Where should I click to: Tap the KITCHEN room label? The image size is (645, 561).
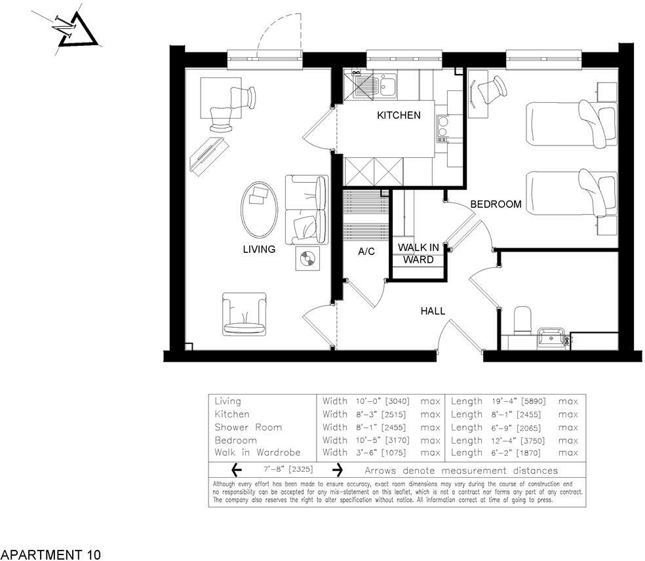click(x=399, y=115)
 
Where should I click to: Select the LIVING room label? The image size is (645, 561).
click(x=259, y=250)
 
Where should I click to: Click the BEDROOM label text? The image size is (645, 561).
click(x=496, y=204)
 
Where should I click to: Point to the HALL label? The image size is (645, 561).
click(x=433, y=311)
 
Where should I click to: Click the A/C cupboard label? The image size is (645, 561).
click(x=366, y=252)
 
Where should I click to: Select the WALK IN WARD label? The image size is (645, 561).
click(x=419, y=254)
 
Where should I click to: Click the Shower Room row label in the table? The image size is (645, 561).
click(x=248, y=427)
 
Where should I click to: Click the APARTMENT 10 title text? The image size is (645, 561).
click(x=51, y=555)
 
